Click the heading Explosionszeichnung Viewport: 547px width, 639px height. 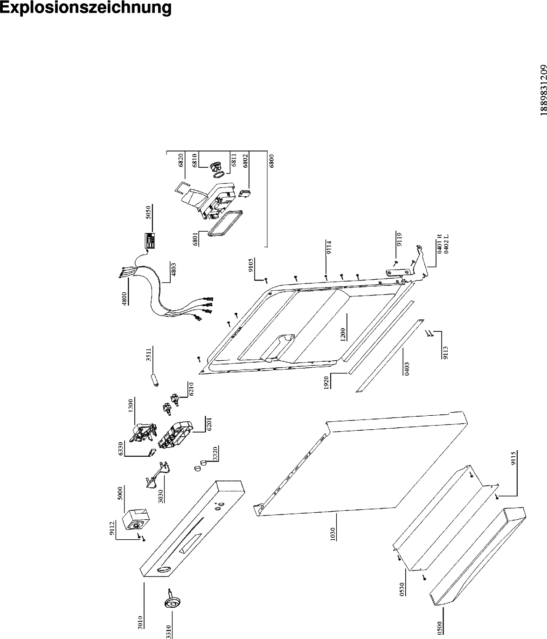click(85, 8)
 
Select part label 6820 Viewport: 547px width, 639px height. click(181, 161)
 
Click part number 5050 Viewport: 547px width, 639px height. click(149, 213)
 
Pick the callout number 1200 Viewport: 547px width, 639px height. click(343, 335)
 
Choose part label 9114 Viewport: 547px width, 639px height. click(329, 247)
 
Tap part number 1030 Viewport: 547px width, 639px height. click(332, 534)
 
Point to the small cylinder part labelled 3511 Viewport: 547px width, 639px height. click(155, 380)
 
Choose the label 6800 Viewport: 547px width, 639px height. click(271, 161)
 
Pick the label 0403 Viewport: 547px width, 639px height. click(407, 369)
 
